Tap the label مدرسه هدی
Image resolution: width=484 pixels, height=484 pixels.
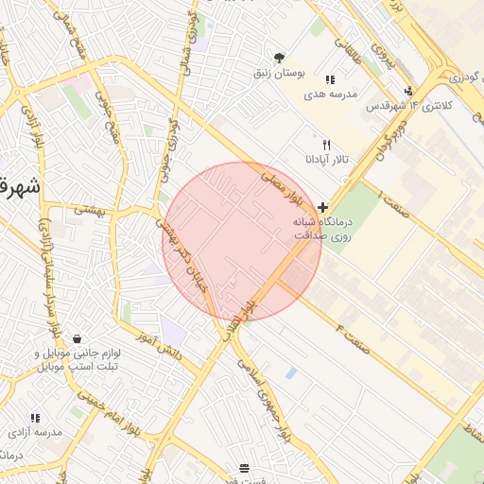(329, 95)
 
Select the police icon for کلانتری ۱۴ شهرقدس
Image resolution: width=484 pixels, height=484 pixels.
(408, 92)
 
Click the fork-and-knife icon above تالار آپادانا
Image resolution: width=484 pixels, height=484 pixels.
(327, 146)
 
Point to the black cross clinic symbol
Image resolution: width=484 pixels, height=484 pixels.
(323, 206)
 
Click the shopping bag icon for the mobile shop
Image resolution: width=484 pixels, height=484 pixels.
(77, 339)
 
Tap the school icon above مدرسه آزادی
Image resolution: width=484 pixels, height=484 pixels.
(36, 418)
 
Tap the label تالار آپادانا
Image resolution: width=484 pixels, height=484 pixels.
(326, 160)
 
